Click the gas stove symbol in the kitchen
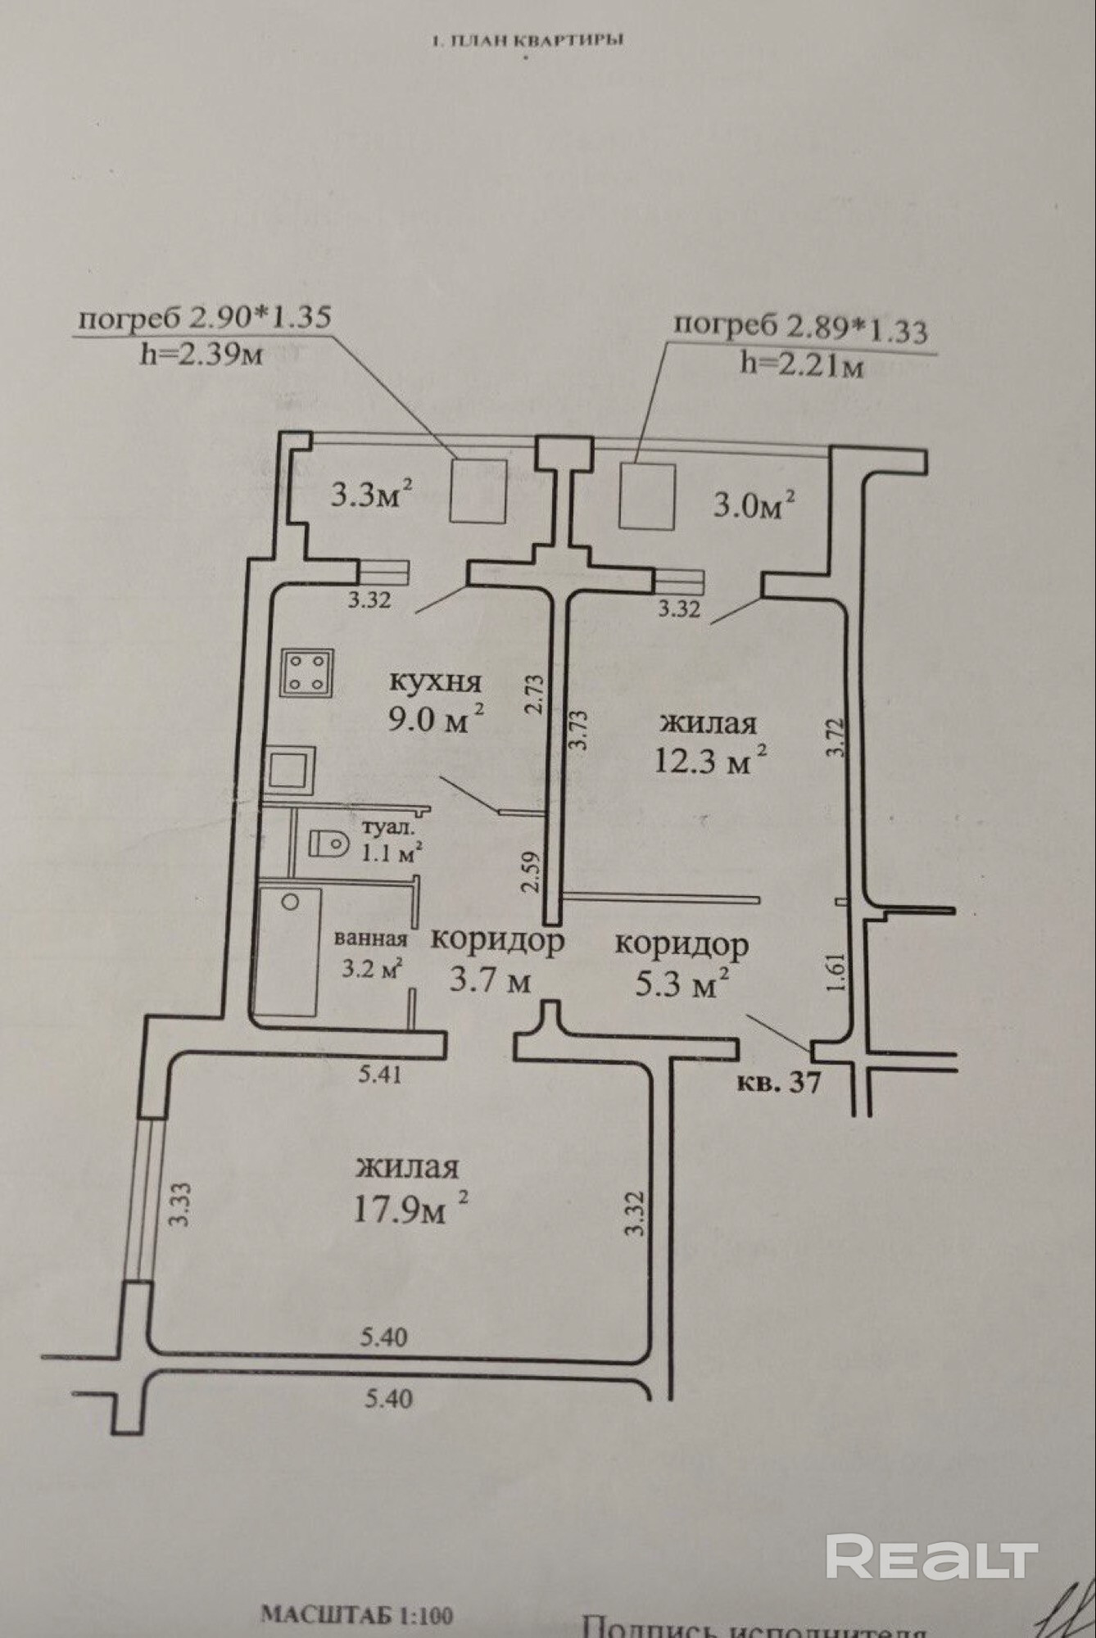pos(307,672)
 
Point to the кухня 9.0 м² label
pos(437,700)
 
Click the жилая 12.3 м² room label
pos(709,743)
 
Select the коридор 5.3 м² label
pos(682,963)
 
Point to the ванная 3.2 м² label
pos(370,954)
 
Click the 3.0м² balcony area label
pos(754,504)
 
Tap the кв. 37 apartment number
pos(778,1083)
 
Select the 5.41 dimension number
pos(381,1073)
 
